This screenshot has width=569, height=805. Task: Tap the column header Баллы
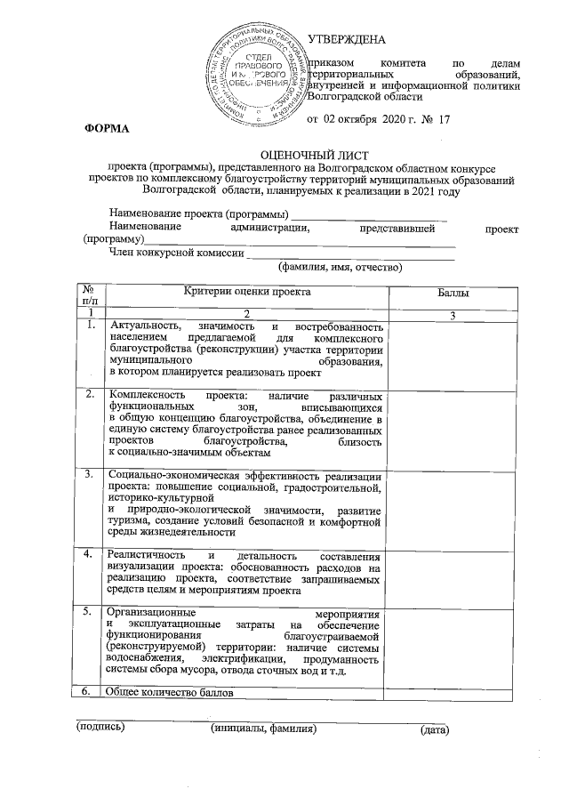(x=454, y=293)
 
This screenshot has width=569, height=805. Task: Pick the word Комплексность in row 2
(x=148, y=395)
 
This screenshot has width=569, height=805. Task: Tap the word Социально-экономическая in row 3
(x=173, y=476)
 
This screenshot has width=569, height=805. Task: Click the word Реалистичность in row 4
(x=148, y=555)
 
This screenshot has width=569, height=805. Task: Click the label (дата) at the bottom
(x=434, y=730)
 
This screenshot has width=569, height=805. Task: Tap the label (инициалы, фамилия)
(x=263, y=729)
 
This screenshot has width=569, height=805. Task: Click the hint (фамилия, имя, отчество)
(x=341, y=267)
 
